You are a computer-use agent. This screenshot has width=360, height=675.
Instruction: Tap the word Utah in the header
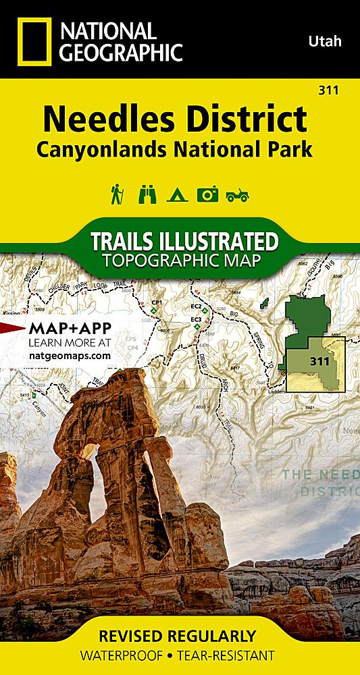tap(325, 42)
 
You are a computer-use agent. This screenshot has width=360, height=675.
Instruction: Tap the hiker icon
tap(116, 194)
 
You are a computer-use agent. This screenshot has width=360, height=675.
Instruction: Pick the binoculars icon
tap(147, 194)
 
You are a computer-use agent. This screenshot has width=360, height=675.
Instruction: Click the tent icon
tap(176, 194)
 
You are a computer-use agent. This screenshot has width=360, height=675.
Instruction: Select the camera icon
tap(207, 194)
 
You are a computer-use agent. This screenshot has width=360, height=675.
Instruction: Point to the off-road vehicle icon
tap(238, 195)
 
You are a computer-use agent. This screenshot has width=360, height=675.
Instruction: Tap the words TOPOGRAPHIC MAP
tap(179, 261)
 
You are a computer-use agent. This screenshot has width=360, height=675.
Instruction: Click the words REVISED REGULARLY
tap(179, 636)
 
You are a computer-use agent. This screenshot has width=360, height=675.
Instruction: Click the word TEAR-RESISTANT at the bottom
tap(233, 655)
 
